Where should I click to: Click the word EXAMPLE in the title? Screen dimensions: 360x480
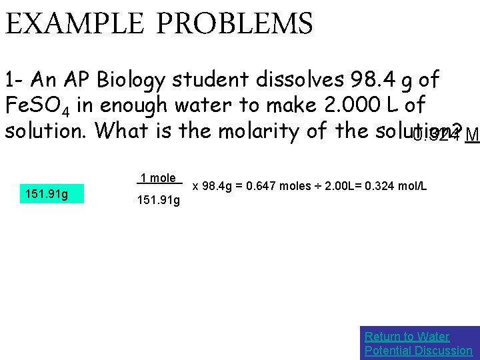click(x=75, y=25)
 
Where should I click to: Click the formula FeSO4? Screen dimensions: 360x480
click(x=42, y=107)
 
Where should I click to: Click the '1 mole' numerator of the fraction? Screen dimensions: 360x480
click(x=159, y=178)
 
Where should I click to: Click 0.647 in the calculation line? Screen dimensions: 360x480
click(x=261, y=186)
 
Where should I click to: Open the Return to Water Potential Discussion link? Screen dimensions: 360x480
click(x=418, y=343)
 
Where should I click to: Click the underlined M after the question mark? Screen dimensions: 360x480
click(x=472, y=135)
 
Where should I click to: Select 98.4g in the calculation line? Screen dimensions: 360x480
click(x=217, y=186)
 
